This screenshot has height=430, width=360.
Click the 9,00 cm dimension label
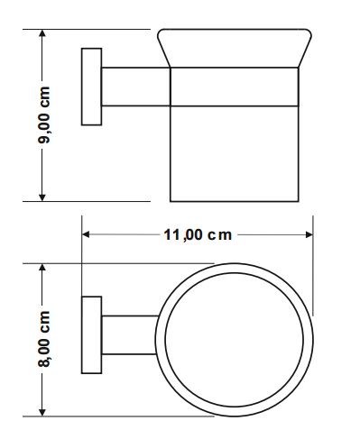(44, 115)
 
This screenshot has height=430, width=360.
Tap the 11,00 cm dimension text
(198, 234)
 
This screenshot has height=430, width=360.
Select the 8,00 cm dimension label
(44, 339)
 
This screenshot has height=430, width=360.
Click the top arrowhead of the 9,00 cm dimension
(42, 33)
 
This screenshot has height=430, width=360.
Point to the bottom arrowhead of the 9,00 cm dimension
(42, 197)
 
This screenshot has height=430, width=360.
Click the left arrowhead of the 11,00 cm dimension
(86, 234)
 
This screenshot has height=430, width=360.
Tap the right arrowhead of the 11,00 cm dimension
(309, 234)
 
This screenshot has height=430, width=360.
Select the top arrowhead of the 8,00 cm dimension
(42, 268)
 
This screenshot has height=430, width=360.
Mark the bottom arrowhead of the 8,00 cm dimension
(42, 412)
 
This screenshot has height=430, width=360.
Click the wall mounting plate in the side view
(91, 87)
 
